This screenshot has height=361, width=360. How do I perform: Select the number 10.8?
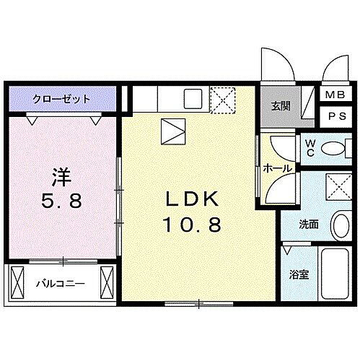click(x=194, y=225)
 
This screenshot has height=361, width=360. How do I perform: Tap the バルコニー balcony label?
click(x=61, y=282)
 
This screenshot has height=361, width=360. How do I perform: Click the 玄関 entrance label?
click(x=281, y=107)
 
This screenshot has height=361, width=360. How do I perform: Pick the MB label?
click(x=335, y=94)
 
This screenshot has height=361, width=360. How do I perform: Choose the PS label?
click(x=335, y=115)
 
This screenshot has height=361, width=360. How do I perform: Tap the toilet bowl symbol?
click(x=333, y=149)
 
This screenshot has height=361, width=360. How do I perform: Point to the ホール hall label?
click(x=277, y=168)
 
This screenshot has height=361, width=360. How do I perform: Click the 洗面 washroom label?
click(x=309, y=225)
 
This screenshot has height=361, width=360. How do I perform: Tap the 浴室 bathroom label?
click(x=298, y=274)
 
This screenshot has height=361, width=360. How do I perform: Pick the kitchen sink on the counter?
click(x=193, y=98)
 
